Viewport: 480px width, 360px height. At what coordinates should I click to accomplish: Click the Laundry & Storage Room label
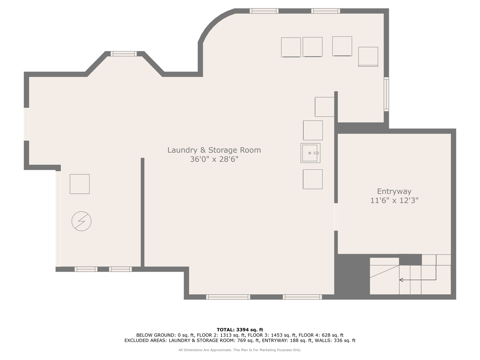[x=214, y=150]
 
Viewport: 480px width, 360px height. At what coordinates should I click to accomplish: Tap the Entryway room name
[x=394, y=192]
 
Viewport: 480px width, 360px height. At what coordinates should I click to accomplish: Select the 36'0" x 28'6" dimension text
[x=214, y=159]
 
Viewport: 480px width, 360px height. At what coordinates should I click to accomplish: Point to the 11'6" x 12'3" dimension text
[x=394, y=200]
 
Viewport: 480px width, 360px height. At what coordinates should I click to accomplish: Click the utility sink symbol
[x=310, y=153]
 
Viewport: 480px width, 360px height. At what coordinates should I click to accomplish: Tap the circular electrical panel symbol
[x=81, y=221]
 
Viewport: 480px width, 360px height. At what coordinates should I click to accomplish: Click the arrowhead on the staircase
[x=401, y=280]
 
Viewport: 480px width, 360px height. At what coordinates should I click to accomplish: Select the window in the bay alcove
[x=124, y=54]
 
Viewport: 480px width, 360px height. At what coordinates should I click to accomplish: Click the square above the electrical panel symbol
[x=80, y=184]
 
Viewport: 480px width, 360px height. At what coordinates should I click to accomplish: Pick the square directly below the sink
[x=313, y=179]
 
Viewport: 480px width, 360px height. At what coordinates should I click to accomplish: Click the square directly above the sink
[x=313, y=130]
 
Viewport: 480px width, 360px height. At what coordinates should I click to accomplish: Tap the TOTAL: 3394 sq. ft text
[x=240, y=330]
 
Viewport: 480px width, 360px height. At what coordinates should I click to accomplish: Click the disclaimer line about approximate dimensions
[x=240, y=350]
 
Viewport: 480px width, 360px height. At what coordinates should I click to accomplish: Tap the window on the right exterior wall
[x=386, y=94]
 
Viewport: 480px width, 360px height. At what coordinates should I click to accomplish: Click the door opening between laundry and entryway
[x=336, y=217]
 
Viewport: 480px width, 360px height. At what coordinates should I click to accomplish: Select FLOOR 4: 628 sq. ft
[x=321, y=335]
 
